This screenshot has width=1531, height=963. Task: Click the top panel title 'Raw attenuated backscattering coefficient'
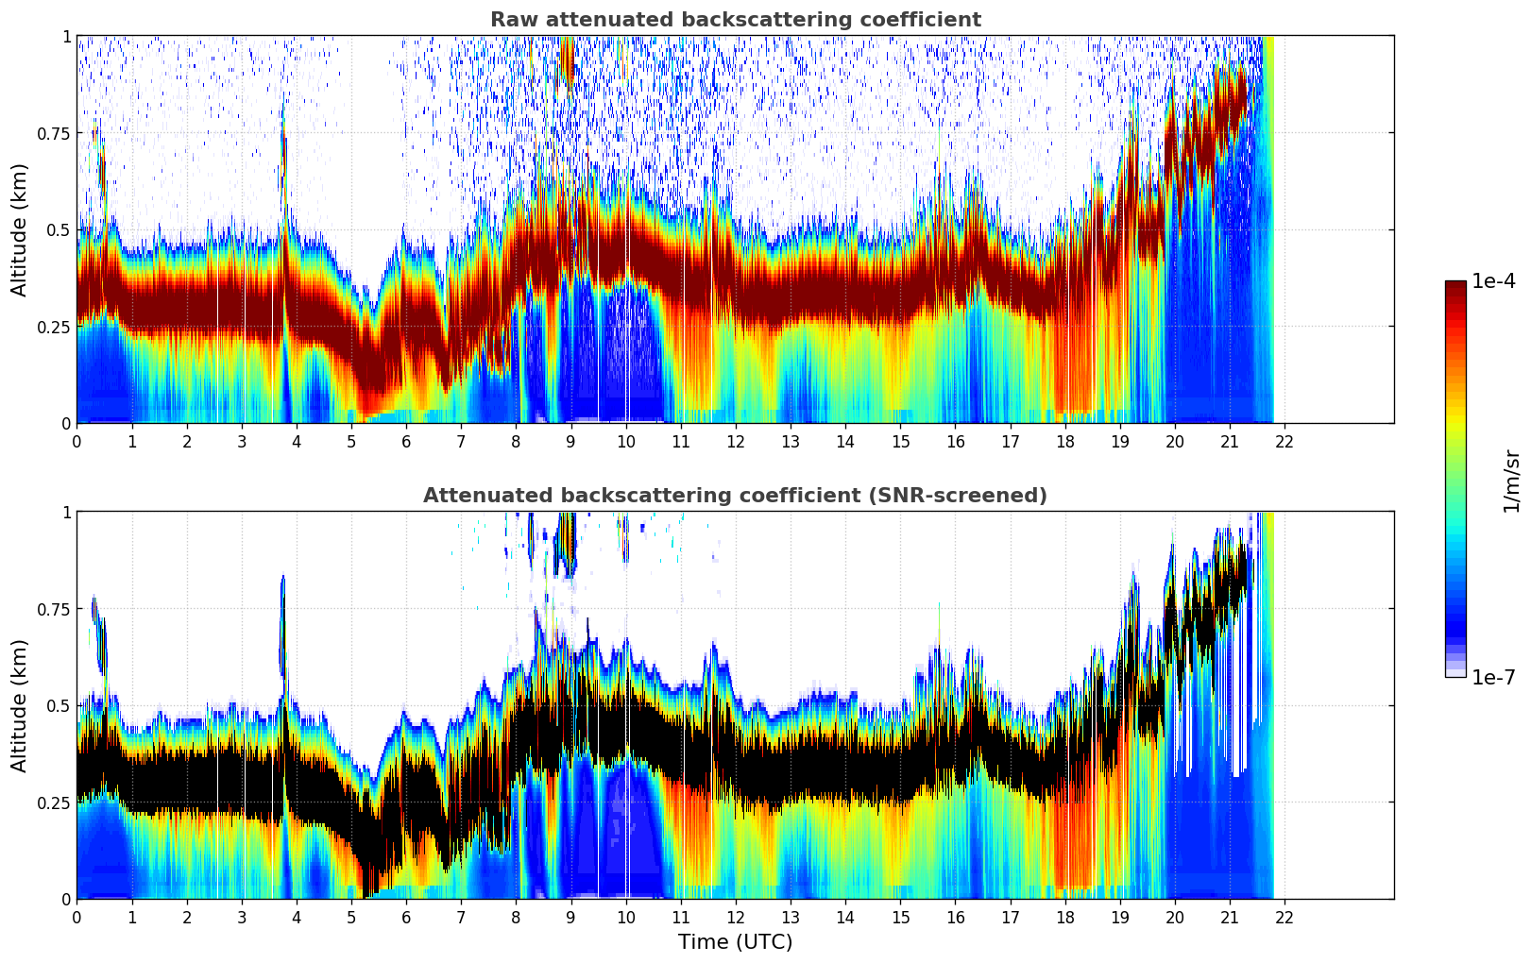coord(735,20)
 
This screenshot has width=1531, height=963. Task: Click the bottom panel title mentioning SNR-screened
coord(735,496)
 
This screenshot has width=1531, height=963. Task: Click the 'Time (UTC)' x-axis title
coord(735,942)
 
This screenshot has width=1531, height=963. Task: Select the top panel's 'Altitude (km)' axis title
coord(20,229)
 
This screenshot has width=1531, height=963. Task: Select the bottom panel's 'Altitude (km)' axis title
coord(20,705)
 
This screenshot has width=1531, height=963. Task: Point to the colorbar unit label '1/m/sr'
coord(1511,481)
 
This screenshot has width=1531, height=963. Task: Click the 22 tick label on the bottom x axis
coord(1284,917)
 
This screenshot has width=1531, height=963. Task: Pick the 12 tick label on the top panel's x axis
coord(735,441)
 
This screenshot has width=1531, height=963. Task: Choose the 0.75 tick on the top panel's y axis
coord(55,133)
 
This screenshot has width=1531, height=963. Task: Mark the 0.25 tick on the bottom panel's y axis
coord(55,802)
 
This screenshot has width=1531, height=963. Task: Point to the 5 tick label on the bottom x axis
coord(351,917)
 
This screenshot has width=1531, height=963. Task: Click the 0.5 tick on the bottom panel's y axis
coord(59,705)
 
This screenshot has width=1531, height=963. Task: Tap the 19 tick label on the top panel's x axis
coord(1119,441)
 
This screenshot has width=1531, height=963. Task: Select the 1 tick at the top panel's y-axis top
coord(66,37)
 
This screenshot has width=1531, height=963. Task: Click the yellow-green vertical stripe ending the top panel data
coord(1268,227)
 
